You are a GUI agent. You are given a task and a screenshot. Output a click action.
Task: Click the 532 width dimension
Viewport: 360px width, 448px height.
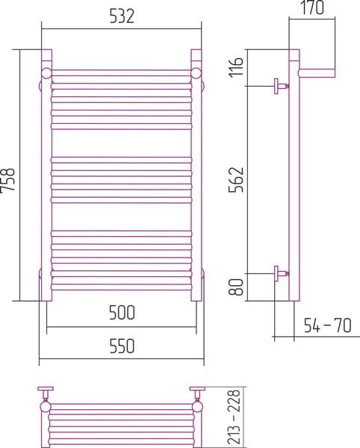point(122,16)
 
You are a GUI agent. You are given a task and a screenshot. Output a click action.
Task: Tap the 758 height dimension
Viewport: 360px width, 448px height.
point(7,181)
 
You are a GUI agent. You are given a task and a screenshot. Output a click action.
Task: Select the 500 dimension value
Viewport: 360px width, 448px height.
point(122,313)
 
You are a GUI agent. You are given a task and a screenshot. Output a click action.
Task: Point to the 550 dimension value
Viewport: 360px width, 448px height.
point(122,346)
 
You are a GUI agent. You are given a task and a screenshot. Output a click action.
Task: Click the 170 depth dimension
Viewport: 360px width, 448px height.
point(312,7)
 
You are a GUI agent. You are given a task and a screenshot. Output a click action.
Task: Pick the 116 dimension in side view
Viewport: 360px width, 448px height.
point(236,67)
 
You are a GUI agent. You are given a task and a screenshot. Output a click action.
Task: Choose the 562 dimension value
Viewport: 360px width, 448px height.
point(236,179)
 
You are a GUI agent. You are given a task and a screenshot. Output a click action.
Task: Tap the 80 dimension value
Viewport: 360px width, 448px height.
point(236,287)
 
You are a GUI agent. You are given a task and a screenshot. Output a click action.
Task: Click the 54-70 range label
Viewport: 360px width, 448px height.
point(327,326)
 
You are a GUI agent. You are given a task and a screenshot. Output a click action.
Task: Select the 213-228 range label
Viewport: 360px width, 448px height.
point(235,417)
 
